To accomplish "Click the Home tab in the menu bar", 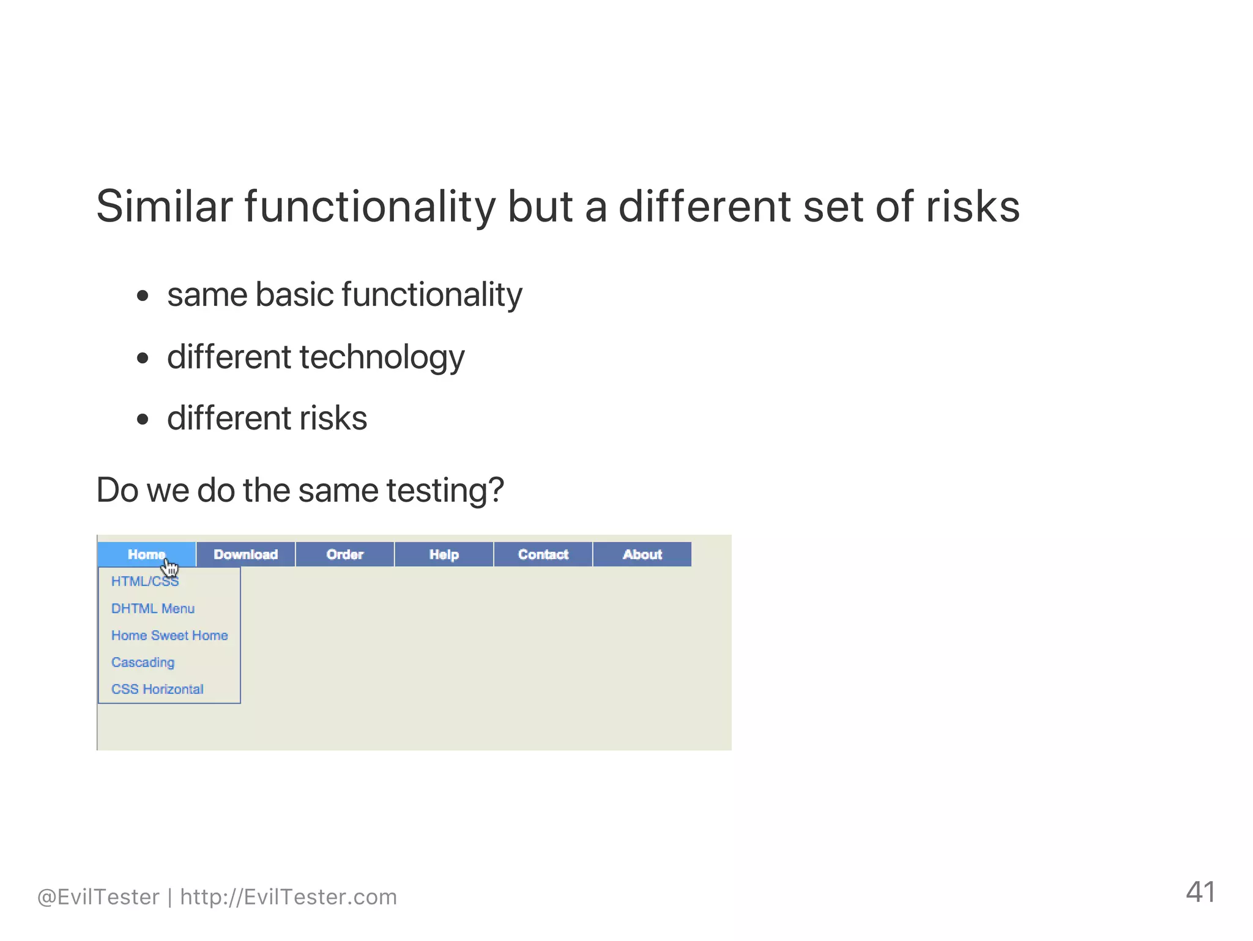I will coord(146,554).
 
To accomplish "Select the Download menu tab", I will coord(245,554).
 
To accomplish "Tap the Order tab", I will coord(344,554).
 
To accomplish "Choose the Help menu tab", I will coord(444,554).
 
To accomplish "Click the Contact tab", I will coord(543,554).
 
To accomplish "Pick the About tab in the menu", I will coord(642,554).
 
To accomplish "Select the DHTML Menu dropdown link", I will coord(153,608).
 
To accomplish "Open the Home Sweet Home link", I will coord(169,635).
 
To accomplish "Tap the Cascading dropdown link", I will coord(143,662).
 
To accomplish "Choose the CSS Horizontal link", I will coord(157,689).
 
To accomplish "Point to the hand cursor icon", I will coord(170,568).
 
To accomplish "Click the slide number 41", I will coord(1200,892).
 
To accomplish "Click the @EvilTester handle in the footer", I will coord(98,897).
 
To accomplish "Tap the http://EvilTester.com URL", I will coord(288,897).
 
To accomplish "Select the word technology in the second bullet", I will coord(382,357).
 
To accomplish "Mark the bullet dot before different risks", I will coord(143,420).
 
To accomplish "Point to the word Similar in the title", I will coord(164,207).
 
